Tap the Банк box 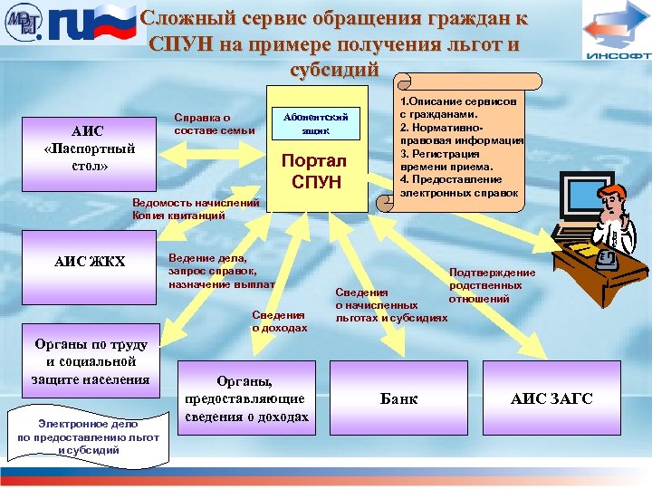[398, 398]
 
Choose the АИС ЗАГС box [551, 398]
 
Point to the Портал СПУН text [316, 172]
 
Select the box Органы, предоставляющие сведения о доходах [246, 398]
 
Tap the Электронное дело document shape [88, 436]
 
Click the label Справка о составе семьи [215, 124]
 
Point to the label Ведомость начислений [196, 202]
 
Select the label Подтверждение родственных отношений [491, 285]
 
